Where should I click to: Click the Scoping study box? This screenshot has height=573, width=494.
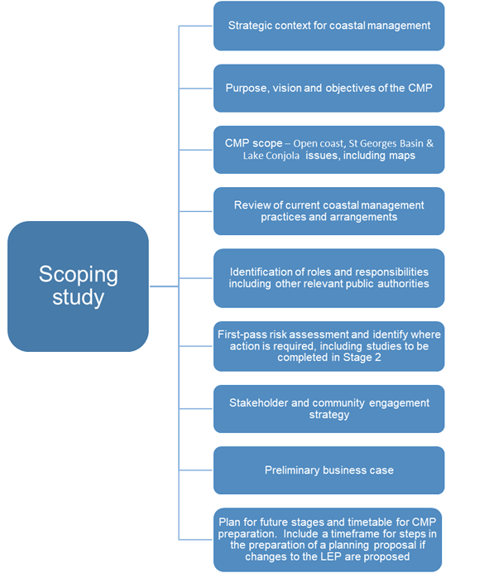78,286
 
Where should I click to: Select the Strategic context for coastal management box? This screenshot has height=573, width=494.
329,26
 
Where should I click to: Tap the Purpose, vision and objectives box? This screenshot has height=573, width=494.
329,88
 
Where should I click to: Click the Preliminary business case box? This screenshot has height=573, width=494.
329,470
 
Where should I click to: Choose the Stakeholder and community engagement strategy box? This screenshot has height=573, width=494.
329,409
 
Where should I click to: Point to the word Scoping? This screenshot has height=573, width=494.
79,274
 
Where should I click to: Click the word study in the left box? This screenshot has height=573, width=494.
78,297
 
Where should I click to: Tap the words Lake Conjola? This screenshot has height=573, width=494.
271,156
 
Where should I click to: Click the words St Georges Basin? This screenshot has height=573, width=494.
386,143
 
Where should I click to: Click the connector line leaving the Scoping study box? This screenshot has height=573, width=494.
164,286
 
